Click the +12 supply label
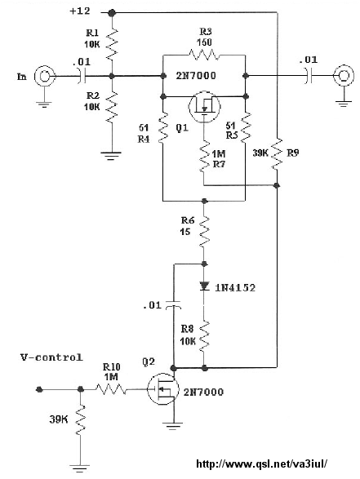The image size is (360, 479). coord(80,11)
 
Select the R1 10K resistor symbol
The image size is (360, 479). coord(112,44)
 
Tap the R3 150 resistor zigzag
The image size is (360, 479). coord(204,55)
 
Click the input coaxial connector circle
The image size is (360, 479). coord(45,76)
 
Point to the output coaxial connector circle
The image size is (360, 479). coord(344,75)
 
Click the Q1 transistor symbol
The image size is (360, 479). coord(204,106)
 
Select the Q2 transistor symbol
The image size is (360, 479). coord(163,389)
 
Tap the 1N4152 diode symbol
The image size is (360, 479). coord(204,286)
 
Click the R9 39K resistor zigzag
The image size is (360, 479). coord(277,153)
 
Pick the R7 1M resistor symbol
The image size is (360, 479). coord(204,157)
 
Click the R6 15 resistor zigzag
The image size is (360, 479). coord(204,232)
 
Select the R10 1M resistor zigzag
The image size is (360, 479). coord(111,389)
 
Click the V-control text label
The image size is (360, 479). coord(51,357)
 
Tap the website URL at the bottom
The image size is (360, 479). coord(261,463)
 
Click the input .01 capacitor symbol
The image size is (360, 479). coord(82,76)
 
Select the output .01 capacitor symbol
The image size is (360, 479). coord(308,75)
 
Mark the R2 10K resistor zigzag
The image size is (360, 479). coord(112,107)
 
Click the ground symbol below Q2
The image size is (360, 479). coord(173,426)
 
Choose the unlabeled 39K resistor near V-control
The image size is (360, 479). coord(80,419)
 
